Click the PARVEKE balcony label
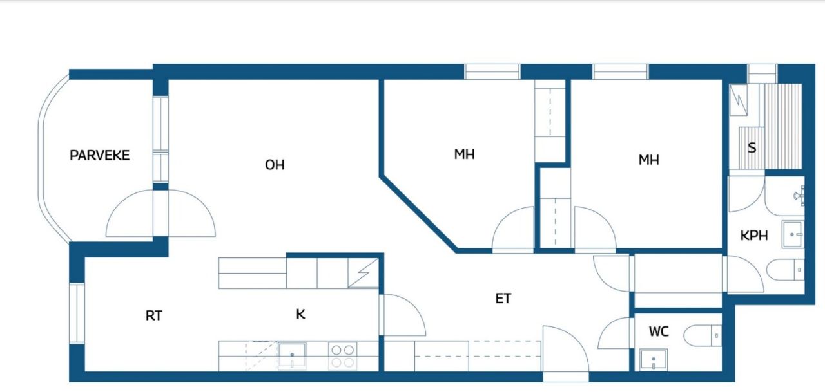pyautogui.click(x=99, y=155)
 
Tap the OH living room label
pyautogui.click(x=275, y=165)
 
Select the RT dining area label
pyautogui.click(x=153, y=315)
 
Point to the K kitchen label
pyautogui.click(x=300, y=314)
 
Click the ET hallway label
pyautogui.click(x=503, y=298)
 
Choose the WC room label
pyautogui.click(x=659, y=331)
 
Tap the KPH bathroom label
pyautogui.click(x=754, y=236)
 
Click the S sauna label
pyautogui.click(x=752, y=147)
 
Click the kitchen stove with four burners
pyautogui.click(x=342, y=355)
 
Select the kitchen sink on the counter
pyautogui.click(x=292, y=355)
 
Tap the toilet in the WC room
pyautogui.click(x=703, y=335)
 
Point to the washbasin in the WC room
pyautogui.click(x=654, y=359)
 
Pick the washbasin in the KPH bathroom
pyautogui.click(x=793, y=234)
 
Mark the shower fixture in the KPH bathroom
pyautogui.click(x=799, y=194)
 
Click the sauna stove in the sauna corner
pyautogui.click(x=739, y=100)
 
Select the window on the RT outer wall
pyautogui.click(x=77, y=313)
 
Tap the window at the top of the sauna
pyautogui.click(x=762, y=73)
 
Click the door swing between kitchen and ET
pyautogui.click(x=403, y=315)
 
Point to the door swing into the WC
pyautogui.click(x=614, y=333)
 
